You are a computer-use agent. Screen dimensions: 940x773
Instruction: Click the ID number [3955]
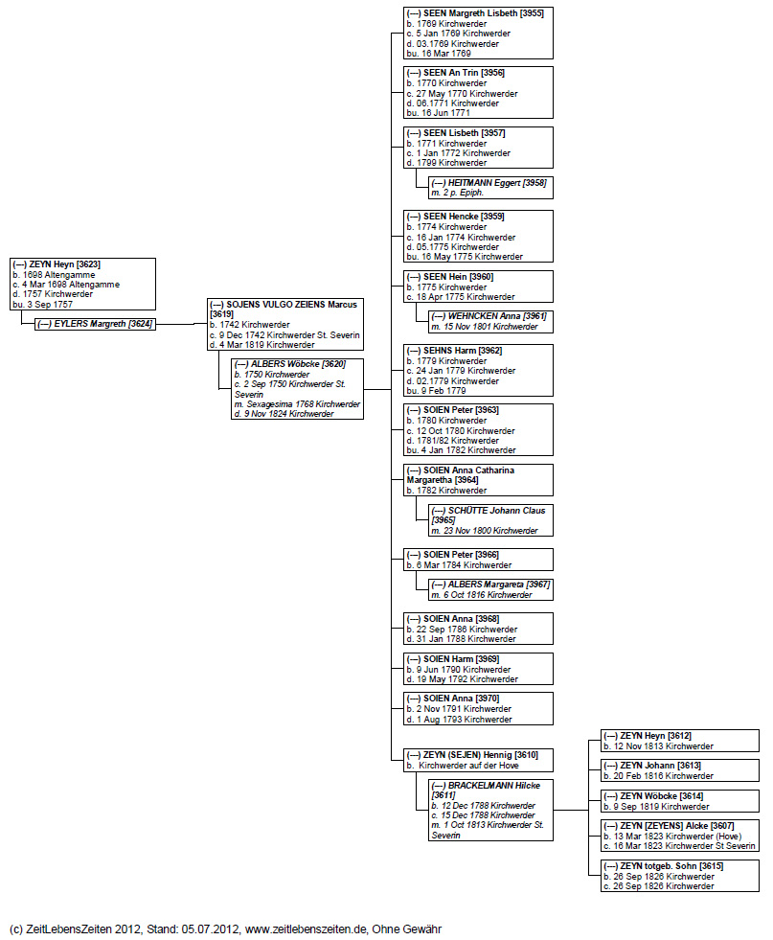coord(530,13)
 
